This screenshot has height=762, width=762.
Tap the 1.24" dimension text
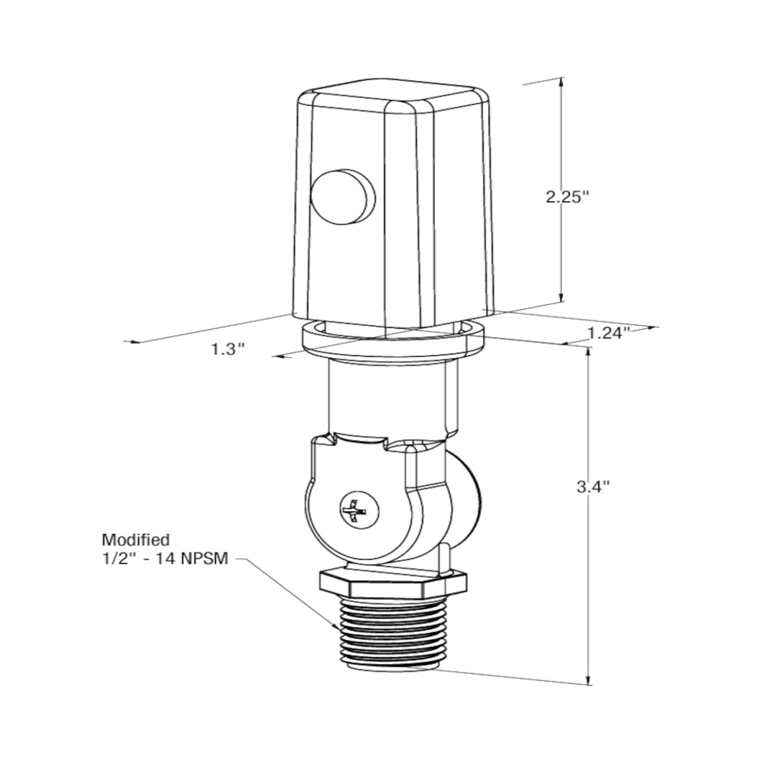609,333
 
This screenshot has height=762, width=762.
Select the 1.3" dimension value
228,349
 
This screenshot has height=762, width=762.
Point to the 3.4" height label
594,487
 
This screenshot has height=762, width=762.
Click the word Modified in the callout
136,540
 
